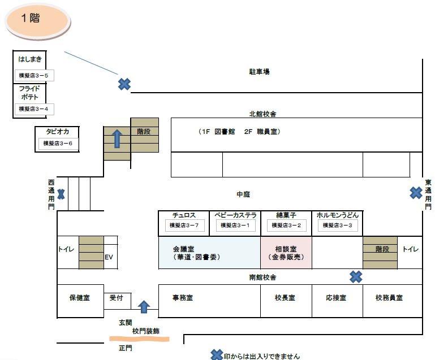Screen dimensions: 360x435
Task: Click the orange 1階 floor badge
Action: pos(37,19)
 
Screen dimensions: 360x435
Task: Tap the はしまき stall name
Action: pos(29,59)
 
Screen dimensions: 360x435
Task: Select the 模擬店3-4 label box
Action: pos(33,109)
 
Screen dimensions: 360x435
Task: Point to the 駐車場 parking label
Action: pos(260,72)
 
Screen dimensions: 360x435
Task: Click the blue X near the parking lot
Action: pos(124,84)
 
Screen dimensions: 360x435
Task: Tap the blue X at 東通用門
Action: pos(416,193)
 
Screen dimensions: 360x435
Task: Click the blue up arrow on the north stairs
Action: pos(117,138)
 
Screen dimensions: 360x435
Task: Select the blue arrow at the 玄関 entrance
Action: pos(144,307)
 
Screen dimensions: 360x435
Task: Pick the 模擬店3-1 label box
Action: pos(235,225)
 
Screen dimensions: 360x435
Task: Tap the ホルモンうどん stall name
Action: pos(337,215)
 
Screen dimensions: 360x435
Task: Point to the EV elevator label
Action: pos(110,257)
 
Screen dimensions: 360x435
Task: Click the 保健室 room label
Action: pos(79,297)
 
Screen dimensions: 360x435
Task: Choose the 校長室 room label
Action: pos(285,297)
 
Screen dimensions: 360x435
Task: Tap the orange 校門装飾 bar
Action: pos(140,339)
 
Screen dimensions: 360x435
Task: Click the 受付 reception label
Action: pos(117,297)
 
